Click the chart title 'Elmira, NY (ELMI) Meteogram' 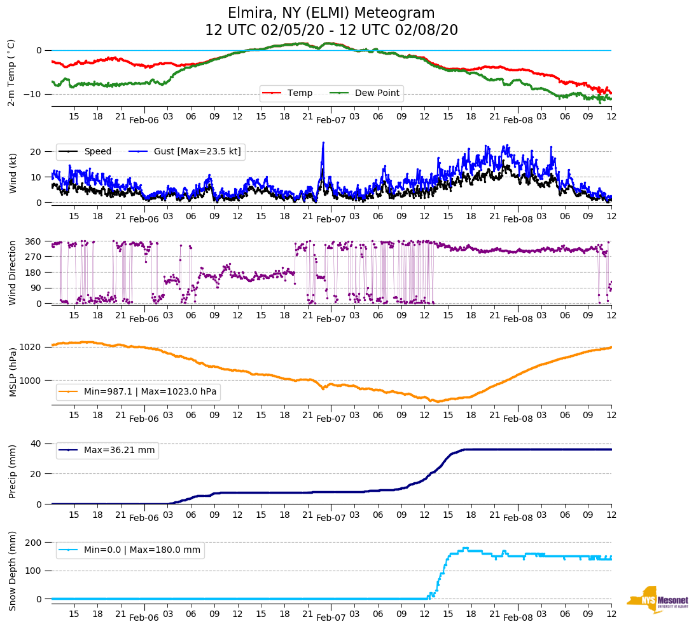tap(331, 13)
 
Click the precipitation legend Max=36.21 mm tap(119, 450)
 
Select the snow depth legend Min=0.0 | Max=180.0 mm tap(142, 550)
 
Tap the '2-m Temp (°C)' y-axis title tap(11, 72)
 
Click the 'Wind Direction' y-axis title tap(12, 273)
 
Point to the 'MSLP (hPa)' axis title tap(12, 372)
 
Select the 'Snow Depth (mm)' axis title tap(12, 570)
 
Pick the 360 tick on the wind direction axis tap(34, 241)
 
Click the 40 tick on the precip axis tap(36, 443)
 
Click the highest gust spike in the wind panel tap(323, 143)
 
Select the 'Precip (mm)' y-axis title tap(12, 473)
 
